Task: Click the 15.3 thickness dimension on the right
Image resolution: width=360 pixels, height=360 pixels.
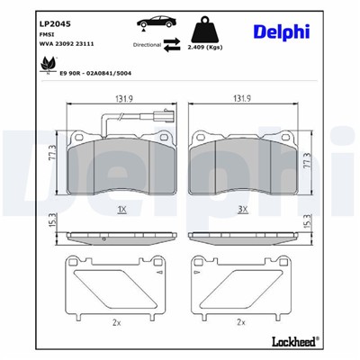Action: pyautogui.click(x=310, y=219)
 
